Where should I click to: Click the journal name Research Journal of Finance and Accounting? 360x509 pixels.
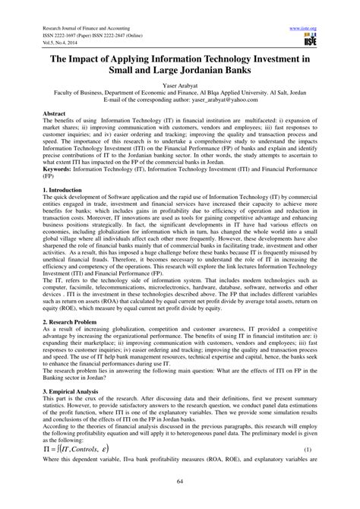coord(74,25)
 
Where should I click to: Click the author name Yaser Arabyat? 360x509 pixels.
coord(179,90)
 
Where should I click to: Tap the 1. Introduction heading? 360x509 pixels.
coord(52,204)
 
